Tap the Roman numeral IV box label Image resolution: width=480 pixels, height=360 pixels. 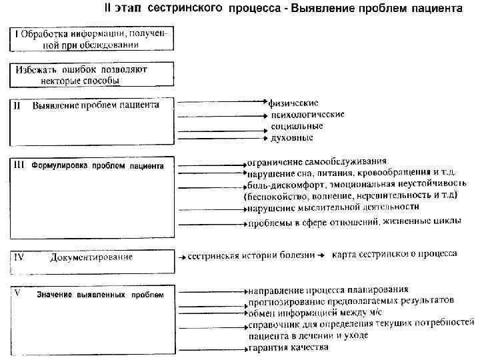(x=20, y=256)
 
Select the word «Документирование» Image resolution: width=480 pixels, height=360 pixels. (x=91, y=257)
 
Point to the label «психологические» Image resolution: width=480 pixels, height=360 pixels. (x=307, y=114)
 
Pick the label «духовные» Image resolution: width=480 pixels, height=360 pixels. (x=292, y=137)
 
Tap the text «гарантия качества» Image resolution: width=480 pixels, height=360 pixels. (x=288, y=347)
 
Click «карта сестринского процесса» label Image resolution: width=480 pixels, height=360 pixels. (x=394, y=254)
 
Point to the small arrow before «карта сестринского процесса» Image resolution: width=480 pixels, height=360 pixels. (x=320, y=255)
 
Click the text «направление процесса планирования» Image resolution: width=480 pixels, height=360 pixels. (x=327, y=290)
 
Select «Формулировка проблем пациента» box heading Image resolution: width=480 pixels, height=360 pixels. (x=97, y=165)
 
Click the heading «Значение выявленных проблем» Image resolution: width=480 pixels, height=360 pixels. (x=100, y=295)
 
